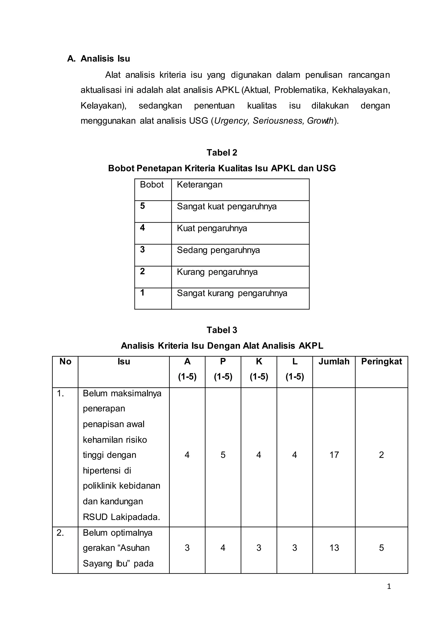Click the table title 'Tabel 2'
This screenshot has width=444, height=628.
[222, 153]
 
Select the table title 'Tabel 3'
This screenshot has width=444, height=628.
[222, 330]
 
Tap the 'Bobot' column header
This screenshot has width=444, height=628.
[152, 185]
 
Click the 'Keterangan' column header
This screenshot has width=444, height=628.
[200, 185]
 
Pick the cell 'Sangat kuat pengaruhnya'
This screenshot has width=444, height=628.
[227, 206]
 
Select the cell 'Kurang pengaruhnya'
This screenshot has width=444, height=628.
[217, 272]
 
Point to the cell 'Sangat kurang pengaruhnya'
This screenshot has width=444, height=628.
[232, 293]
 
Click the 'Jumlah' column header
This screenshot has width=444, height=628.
[334, 361]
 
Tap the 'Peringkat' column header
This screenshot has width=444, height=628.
[381, 361]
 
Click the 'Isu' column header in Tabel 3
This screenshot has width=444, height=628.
[124, 361]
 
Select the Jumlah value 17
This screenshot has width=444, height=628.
[334, 455]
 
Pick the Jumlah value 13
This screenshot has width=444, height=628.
[334, 548]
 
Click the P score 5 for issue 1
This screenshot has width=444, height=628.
[223, 455]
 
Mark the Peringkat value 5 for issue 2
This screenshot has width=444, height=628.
[381, 548]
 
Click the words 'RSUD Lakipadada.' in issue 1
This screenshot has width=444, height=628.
[121, 517]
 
